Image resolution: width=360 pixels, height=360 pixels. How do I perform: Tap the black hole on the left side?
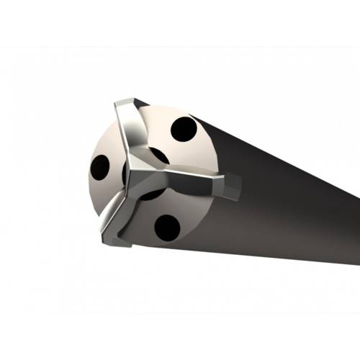(100, 167)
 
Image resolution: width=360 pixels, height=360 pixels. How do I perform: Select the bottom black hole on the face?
(167, 227)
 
